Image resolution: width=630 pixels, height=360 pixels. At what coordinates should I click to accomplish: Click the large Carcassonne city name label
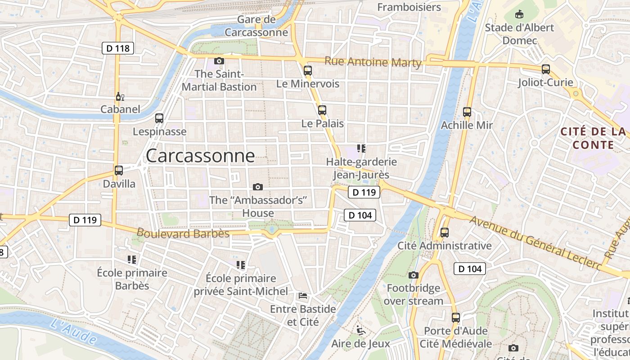200,156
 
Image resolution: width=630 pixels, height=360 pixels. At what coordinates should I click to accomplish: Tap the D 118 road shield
118,48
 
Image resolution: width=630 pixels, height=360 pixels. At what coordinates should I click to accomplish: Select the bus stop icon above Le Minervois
308,70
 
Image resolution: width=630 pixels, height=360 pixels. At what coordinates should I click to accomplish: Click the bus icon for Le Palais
322,110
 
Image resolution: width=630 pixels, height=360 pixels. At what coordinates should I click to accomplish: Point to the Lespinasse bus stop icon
159,118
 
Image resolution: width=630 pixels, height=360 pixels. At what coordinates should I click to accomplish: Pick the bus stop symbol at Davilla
119,171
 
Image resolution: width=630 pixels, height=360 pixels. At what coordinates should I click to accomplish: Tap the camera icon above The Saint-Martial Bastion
219,61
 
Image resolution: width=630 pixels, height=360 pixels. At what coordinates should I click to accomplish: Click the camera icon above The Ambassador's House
258,187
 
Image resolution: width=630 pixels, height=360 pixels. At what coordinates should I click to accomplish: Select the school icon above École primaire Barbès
132,259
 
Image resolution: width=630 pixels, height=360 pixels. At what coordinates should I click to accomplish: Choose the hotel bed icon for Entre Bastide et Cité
303,296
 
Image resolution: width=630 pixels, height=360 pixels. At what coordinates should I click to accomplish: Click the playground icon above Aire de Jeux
361,330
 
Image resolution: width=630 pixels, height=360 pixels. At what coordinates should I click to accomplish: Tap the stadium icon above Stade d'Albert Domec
520,14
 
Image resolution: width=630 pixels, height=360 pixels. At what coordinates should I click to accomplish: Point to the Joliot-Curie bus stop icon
546,69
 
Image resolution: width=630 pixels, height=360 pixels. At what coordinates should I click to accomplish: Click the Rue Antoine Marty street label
373,62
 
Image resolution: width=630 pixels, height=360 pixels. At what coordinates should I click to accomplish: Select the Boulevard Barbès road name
183,233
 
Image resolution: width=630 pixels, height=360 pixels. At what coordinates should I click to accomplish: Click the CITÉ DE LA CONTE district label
593,138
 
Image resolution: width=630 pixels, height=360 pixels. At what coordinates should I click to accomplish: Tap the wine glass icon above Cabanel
120,96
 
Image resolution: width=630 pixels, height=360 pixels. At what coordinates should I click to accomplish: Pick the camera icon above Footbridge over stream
414,275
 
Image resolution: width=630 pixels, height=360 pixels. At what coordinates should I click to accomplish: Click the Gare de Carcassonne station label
256,26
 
